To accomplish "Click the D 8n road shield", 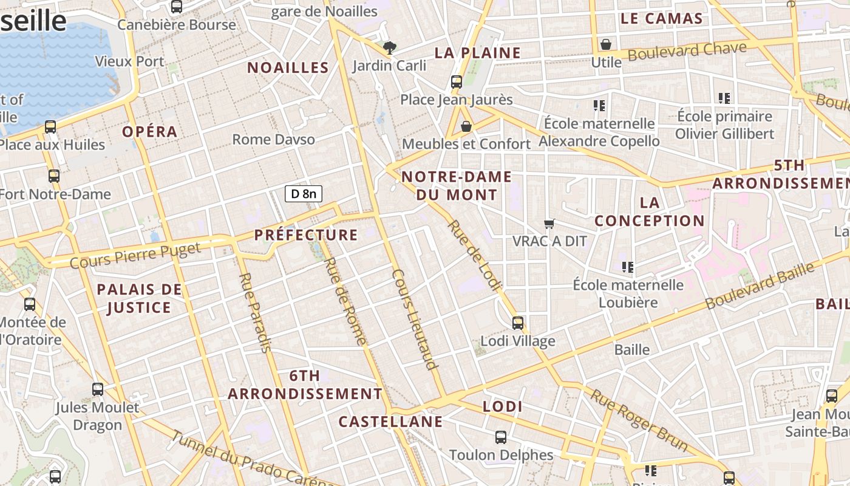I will (304, 194).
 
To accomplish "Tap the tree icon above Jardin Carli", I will (390, 47).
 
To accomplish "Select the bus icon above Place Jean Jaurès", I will (457, 81).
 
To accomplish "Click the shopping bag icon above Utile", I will (605, 44).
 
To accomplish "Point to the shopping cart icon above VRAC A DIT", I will (549, 224).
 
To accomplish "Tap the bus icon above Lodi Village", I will (518, 323).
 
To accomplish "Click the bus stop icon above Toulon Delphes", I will (501, 437).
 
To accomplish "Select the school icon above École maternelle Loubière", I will (628, 267).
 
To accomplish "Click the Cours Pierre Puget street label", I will (135, 256).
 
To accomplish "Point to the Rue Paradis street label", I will (254, 312).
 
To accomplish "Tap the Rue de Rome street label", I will (345, 301).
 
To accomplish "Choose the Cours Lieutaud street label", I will (415, 320).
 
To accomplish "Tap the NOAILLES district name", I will (288, 67).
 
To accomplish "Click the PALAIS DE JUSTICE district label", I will (139, 298).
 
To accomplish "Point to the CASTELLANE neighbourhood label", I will (390, 422).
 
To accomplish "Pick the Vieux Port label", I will (129, 61).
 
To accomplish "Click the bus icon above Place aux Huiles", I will (50, 127).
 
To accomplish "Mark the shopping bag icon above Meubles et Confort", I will (466, 126).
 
